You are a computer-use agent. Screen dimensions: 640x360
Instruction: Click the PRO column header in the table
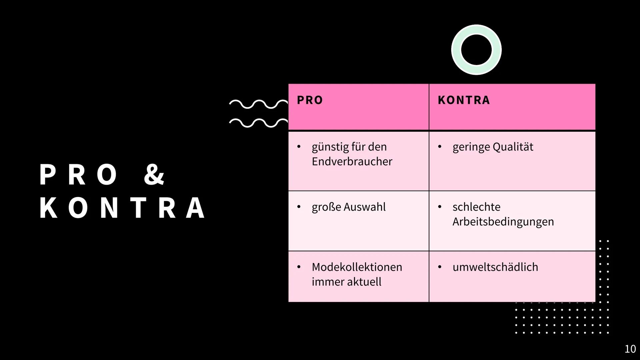tap(310, 100)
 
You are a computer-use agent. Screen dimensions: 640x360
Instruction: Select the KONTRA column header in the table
tap(464, 100)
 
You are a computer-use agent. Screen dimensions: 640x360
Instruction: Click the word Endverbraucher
tap(352, 162)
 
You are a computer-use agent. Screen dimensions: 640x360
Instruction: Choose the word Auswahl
tap(365, 207)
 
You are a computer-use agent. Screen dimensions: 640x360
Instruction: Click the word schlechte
tap(476, 207)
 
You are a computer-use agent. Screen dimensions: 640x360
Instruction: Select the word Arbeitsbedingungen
tap(503, 222)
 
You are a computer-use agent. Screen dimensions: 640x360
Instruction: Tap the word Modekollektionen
tap(357, 267)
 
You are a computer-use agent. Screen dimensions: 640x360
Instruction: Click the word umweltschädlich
tap(495, 267)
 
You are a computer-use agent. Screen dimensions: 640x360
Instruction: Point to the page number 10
tap(630, 349)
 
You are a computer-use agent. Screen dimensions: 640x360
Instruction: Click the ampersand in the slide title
tap(154, 174)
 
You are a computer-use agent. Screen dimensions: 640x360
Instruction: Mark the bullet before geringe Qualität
tap(440, 147)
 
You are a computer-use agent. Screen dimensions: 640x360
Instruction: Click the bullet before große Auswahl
tap(299, 207)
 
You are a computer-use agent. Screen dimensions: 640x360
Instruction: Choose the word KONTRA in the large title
tap(122, 208)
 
